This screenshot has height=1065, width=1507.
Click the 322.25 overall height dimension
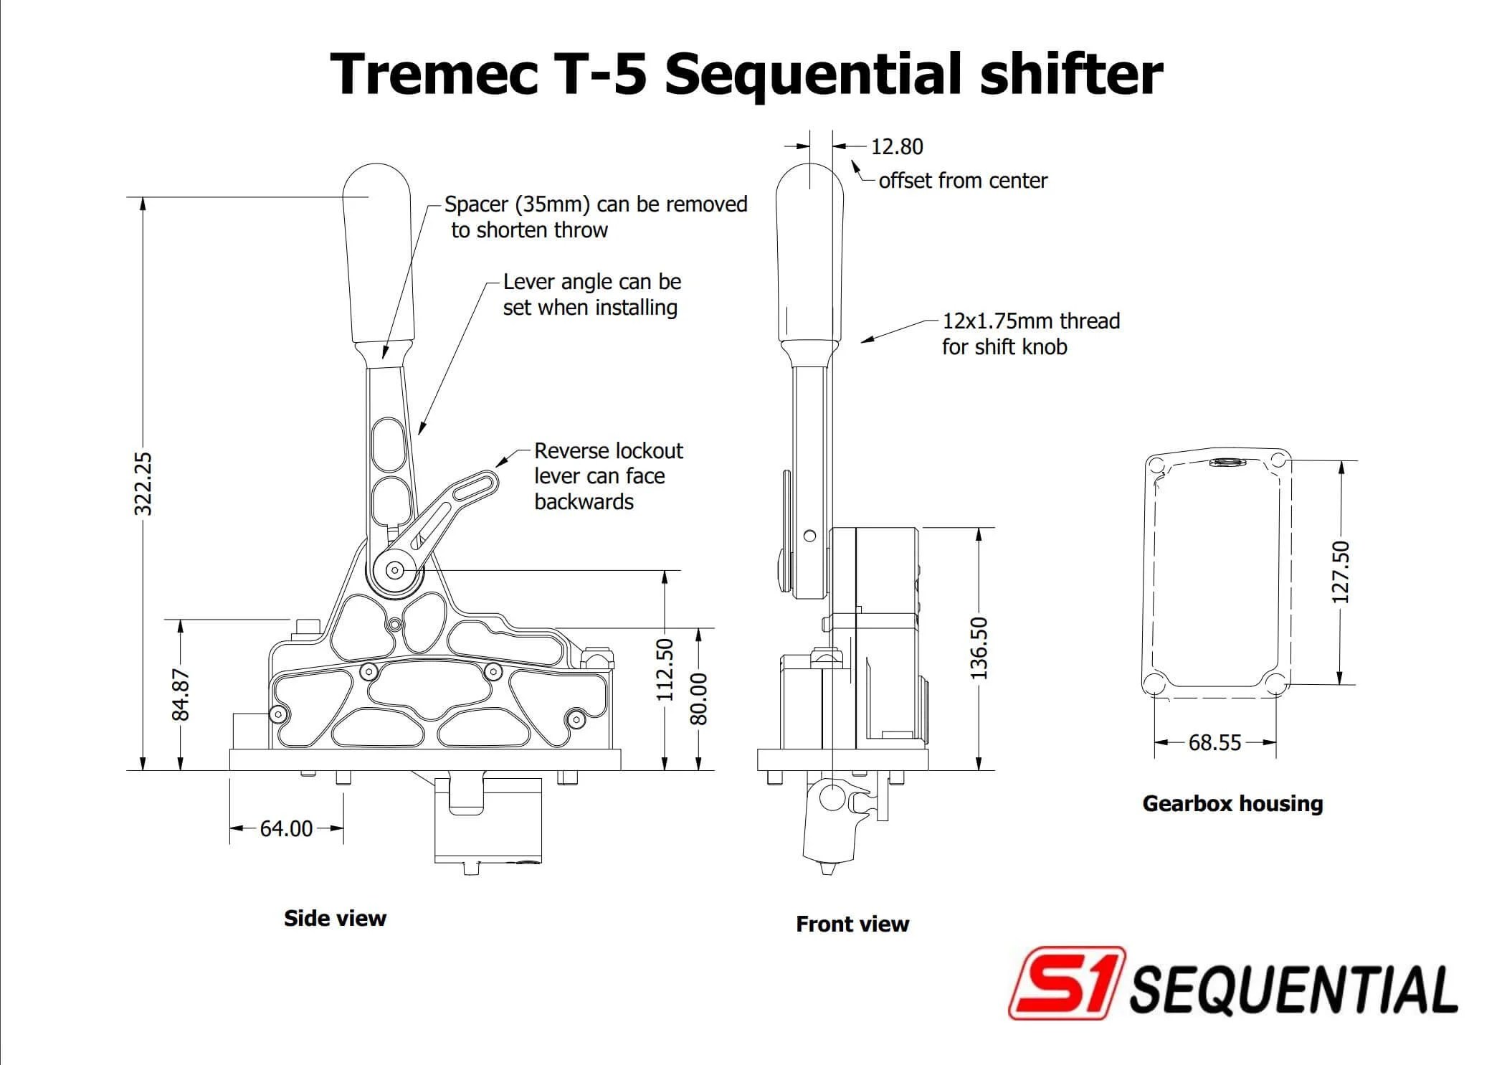pyautogui.click(x=143, y=483)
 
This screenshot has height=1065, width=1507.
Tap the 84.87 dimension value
pyautogui.click(x=181, y=694)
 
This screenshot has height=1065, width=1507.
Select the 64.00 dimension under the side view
pyautogui.click(x=286, y=828)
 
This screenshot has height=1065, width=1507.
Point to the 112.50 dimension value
pyautogui.click(x=665, y=669)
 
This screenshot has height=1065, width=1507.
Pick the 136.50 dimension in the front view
pyautogui.click(x=979, y=648)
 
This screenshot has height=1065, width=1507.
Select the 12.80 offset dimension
pyautogui.click(x=896, y=146)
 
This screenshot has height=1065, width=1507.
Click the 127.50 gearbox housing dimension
pyautogui.click(x=1340, y=572)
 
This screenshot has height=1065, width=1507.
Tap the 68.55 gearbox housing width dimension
pyautogui.click(x=1214, y=742)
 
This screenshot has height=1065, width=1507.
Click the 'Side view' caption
pyautogui.click(x=335, y=918)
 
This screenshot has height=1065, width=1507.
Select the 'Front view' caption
pyautogui.click(x=852, y=924)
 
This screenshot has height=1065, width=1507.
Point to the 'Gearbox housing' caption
pyautogui.click(x=1232, y=803)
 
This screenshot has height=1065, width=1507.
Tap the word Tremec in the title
pyautogui.click(x=433, y=74)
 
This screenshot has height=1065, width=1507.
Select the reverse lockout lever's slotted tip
pyautogui.click(x=476, y=486)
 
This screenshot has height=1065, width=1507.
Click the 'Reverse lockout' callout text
pyautogui.click(x=608, y=450)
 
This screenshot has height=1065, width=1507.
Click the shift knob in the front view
pyautogui.click(x=810, y=251)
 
